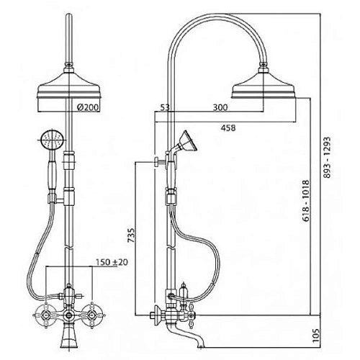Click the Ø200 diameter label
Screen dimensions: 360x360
pos(88,107)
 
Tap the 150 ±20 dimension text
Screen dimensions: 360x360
pos(112,262)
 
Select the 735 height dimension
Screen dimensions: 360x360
pos(132,235)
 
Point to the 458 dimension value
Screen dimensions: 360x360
pos(228,128)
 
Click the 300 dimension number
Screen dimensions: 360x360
pos(220,107)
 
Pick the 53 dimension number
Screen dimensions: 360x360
pos(165,107)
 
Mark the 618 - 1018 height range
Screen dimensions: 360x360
pos(306,201)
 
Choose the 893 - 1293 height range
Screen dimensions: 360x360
pos(327,158)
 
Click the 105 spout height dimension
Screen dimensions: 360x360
pos(317,336)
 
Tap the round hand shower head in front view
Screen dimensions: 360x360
pos(52,140)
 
